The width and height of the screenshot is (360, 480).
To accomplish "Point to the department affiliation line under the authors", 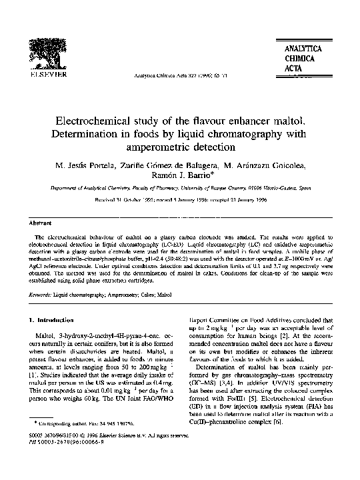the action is pyautogui.click(x=180, y=189).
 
